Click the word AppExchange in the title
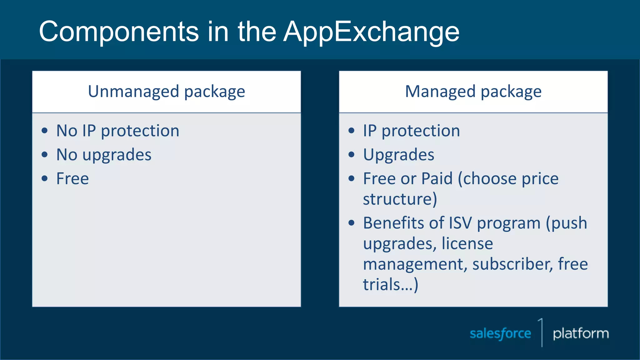pos(371,32)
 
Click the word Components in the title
pos(119,32)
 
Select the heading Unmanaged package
pos(166,92)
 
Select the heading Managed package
pos(473,92)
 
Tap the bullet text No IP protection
pos(118,131)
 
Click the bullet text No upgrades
pos(104,155)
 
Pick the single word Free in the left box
pos(72,179)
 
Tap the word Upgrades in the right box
pos(398,155)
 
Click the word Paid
pos(437,179)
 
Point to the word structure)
pos(400,199)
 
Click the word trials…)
pos(390,285)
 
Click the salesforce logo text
pos(500,333)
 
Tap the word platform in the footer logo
pos(581,333)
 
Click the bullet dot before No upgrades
pos(45,154)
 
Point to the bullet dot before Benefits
pos(352,223)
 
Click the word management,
pos(415,264)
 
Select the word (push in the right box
pos(566,223)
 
